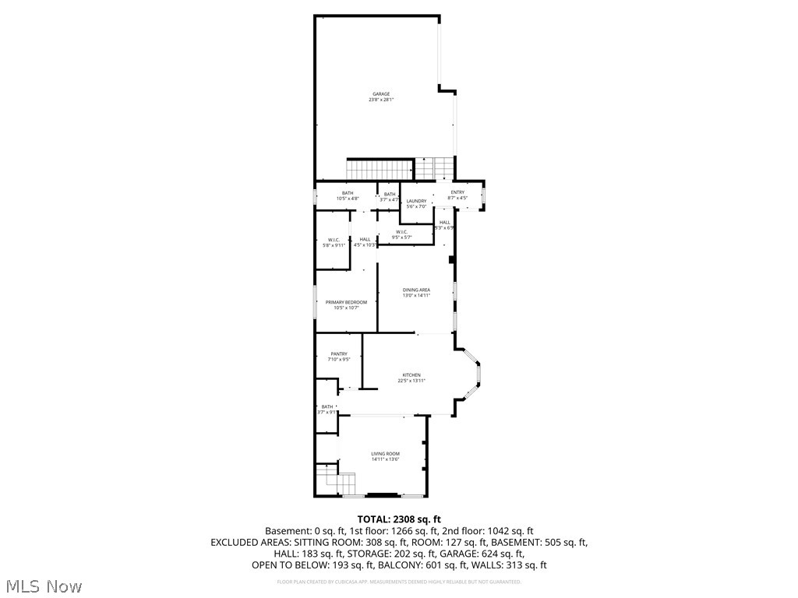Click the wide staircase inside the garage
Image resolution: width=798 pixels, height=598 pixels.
[x=379, y=168]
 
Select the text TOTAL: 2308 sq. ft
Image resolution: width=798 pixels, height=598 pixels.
[x=399, y=519]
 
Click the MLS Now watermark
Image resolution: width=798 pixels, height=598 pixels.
[x=44, y=586]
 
